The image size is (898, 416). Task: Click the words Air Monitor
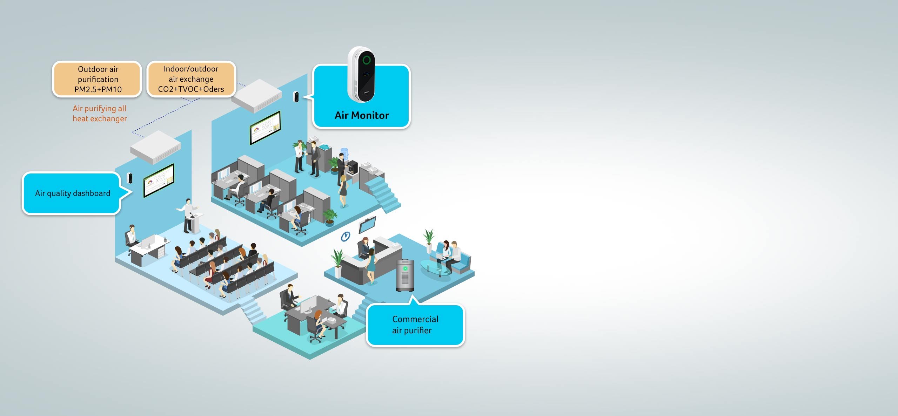click(x=362, y=115)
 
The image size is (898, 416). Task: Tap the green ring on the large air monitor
click(x=367, y=60)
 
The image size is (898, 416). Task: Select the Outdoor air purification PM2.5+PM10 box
click(x=98, y=79)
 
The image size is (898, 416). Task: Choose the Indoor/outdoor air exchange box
click(x=191, y=79)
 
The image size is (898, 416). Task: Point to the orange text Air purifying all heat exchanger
click(x=100, y=114)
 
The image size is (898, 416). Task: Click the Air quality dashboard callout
click(x=72, y=193)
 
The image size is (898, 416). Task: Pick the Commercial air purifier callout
click(x=415, y=325)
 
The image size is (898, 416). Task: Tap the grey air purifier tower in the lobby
click(x=405, y=275)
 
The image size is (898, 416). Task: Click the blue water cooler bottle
click(x=344, y=154)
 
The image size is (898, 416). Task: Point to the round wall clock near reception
click(x=346, y=237)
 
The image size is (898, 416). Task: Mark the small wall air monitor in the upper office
click(x=296, y=97)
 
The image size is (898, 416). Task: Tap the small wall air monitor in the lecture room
click(x=130, y=178)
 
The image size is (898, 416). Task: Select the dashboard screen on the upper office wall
click(x=265, y=128)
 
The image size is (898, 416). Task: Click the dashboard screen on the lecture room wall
click(x=159, y=180)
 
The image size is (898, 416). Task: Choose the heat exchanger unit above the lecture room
click(x=155, y=147)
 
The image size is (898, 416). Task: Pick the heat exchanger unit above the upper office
click(x=257, y=95)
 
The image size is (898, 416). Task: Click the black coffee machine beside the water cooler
click(x=352, y=167)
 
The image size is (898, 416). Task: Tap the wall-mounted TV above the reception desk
click(x=367, y=225)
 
